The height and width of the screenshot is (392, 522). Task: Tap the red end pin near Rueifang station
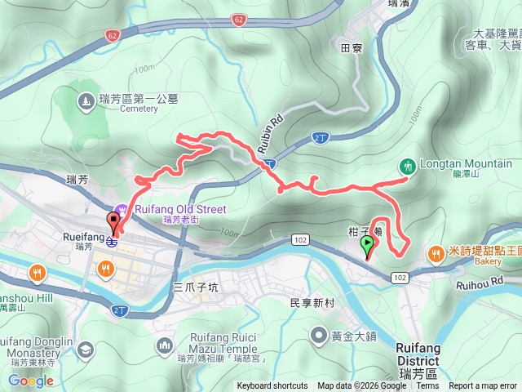coord(113,221)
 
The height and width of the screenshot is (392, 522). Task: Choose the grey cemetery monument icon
coord(86,101)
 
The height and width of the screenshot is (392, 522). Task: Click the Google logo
coord(30,381)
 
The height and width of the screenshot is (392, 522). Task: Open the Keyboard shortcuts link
coord(272,386)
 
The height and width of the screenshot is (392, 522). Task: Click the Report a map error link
coord(483,386)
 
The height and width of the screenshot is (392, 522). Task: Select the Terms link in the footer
coord(427,386)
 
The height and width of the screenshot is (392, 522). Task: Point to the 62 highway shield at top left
coord(112,34)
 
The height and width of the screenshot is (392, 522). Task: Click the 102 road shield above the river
coord(300,239)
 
